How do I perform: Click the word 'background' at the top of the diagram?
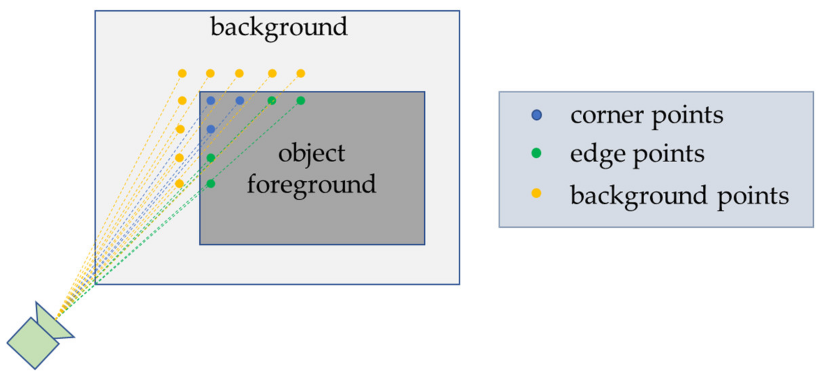coord(279,27)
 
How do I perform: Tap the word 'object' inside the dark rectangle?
coord(311,153)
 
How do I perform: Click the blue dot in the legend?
coord(537,115)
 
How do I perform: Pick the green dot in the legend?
coord(536,153)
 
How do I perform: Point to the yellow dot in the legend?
coord(536,193)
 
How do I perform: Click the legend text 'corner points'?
coord(646,116)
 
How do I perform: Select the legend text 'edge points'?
coord(637,154)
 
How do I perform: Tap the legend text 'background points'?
coord(679,196)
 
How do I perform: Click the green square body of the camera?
coord(33,343)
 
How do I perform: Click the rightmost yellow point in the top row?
coord(301,73)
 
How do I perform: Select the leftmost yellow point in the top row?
coord(182,73)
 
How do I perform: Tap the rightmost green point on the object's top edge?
coord(301,100)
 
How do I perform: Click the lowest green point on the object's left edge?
coord(211,183)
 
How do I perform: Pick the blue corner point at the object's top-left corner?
coord(211,100)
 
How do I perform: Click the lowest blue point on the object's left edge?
coord(211,129)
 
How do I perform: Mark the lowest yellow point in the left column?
coord(180,183)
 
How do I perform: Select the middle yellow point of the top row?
coord(239,73)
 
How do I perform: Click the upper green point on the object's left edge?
coord(211,158)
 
